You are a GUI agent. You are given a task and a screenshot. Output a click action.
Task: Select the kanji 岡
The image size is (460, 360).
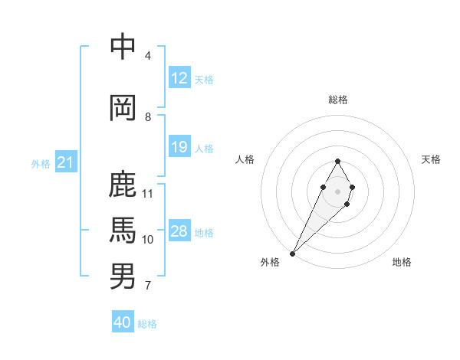pyautogui.click(x=123, y=107)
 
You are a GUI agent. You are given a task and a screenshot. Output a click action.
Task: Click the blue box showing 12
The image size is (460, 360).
pyautogui.click(x=179, y=79)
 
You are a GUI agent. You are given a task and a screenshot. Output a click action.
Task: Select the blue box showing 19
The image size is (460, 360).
pyautogui.click(x=179, y=148)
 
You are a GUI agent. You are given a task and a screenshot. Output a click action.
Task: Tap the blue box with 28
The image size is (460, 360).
pyautogui.click(x=179, y=232)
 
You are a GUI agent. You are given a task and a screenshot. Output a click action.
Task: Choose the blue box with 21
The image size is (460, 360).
pyautogui.click(x=65, y=163)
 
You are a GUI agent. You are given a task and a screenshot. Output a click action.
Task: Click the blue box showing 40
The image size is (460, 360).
pyautogui.click(x=123, y=322)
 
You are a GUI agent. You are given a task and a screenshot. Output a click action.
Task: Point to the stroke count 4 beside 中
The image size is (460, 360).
pyautogui.click(x=148, y=56)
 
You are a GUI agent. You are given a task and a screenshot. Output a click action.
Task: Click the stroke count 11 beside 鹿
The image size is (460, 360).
pyautogui.click(x=148, y=194)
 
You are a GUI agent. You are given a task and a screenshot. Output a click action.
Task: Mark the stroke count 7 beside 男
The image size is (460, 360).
pyautogui.click(x=148, y=286)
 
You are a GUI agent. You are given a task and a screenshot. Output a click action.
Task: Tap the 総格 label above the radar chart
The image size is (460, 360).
pyautogui.click(x=338, y=100)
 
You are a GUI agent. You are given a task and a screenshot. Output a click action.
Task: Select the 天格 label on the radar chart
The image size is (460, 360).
pyautogui.click(x=431, y=159)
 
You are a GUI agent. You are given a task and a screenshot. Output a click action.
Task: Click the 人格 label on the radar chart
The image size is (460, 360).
pyautogui.click(x=245, y=159)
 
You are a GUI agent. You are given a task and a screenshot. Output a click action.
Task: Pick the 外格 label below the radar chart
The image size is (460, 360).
pyautogui.click(x=270, y=262)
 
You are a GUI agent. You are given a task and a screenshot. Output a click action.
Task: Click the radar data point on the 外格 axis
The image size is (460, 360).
pyautogui.click(x=292, y=253)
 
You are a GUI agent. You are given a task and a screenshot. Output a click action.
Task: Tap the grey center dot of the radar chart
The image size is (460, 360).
pyautogui.click(x=337, y=190)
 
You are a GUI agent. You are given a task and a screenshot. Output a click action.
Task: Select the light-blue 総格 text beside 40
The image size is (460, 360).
pyautogui.click(x=147, y=324)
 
